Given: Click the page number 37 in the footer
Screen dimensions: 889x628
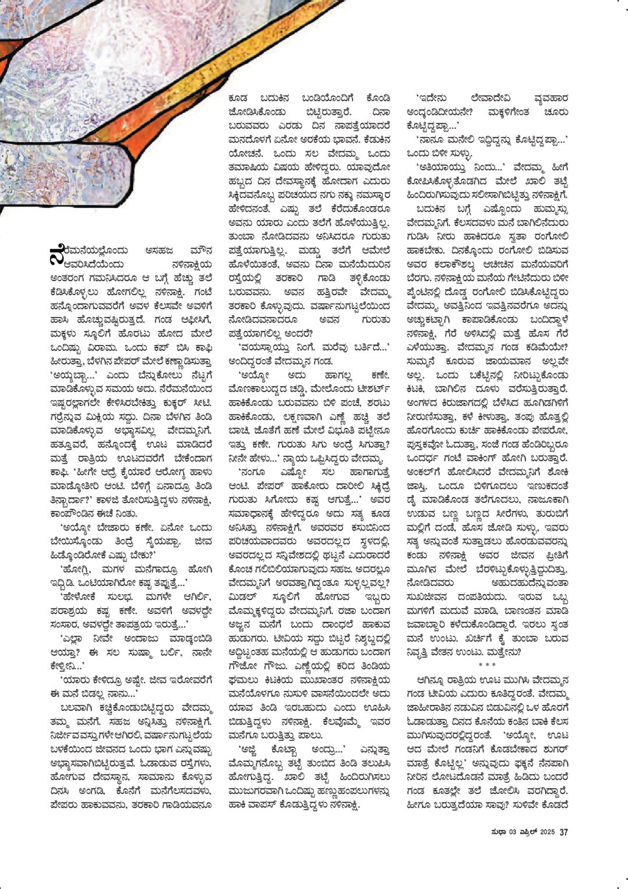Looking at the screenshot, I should (564, 832).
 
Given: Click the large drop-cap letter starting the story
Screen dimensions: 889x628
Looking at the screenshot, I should (57, 254).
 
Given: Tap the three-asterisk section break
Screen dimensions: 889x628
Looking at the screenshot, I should (487, 665).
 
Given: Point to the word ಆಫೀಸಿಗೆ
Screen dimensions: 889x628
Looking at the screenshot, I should (193, 320).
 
